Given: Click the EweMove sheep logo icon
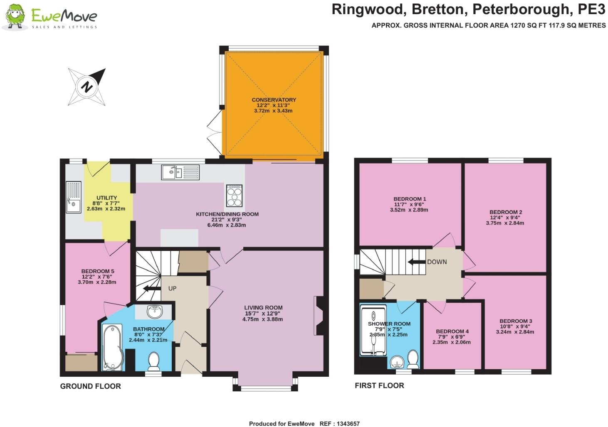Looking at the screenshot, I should pyautogui.click(x=15, y=17).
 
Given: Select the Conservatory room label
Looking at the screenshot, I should pyautogui.click(x=274, y=100).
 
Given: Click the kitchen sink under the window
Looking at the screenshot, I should pyautogui.click(x=180, y=172).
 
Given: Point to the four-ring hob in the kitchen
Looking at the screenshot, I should pyautogui.click(x=234, y=195).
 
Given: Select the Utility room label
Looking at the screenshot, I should pyautogui.click(x=106, y=198).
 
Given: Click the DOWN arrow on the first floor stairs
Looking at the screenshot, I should pyautogui.click(x=416, y=262).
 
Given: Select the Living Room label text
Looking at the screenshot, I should pyautogui.click(x=263, y=308).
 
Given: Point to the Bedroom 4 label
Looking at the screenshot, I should pyautogui.click(x=452, y=331).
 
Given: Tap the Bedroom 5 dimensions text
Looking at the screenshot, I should pyautogui.click(x=97, y=280).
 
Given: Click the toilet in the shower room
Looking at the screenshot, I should pyautogui.click(x=413, y=359).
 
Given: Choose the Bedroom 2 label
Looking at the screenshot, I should pyautogui.click(x=505, y=212).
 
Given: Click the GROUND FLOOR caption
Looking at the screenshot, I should pyautogui.click(x=90, y=386).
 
